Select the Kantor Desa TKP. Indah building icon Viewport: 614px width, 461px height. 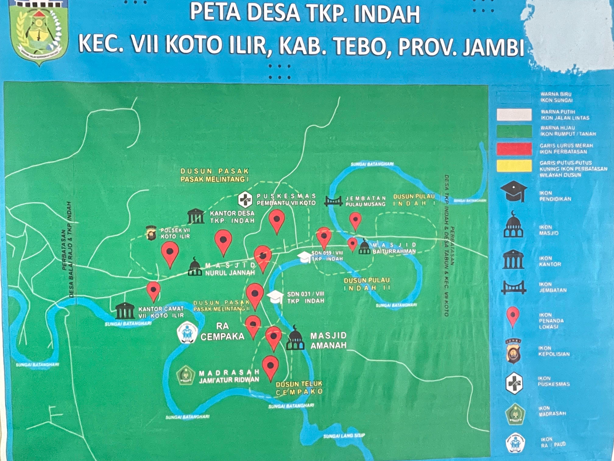[196, 216]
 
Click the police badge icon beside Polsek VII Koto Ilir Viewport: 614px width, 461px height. [151, 233]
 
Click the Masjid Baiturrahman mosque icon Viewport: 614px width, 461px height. [364, 247]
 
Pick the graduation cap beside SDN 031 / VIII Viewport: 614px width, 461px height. [275, 297]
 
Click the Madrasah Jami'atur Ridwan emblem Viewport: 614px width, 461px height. [185, 375]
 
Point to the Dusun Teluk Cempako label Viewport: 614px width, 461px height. [299, 388]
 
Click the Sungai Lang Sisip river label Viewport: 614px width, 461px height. [344, 436]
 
